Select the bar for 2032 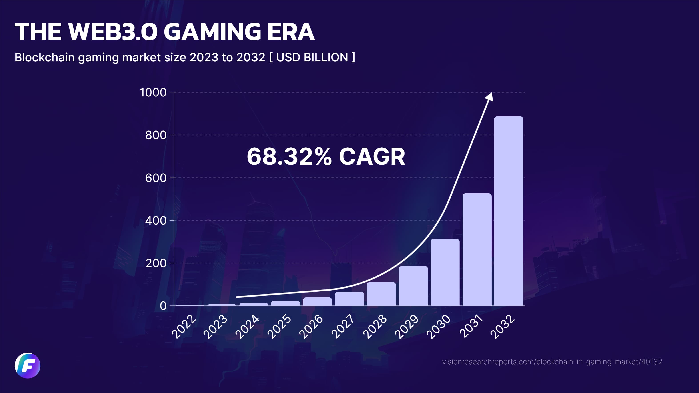pos(509,211)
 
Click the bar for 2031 pos(477,249)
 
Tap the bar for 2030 pos(445,272)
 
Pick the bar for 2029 pos(413,286)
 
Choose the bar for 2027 pos(349,299)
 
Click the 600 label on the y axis pos(156,178)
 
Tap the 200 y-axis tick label pos(156,263)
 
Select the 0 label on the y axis pos(163,306)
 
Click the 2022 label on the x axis pos(184,327)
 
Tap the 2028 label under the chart pos(375,327)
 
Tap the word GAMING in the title pos(212,32)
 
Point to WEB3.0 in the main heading pos(113,32)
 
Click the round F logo pos(27,366)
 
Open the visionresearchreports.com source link pos(552,362)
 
